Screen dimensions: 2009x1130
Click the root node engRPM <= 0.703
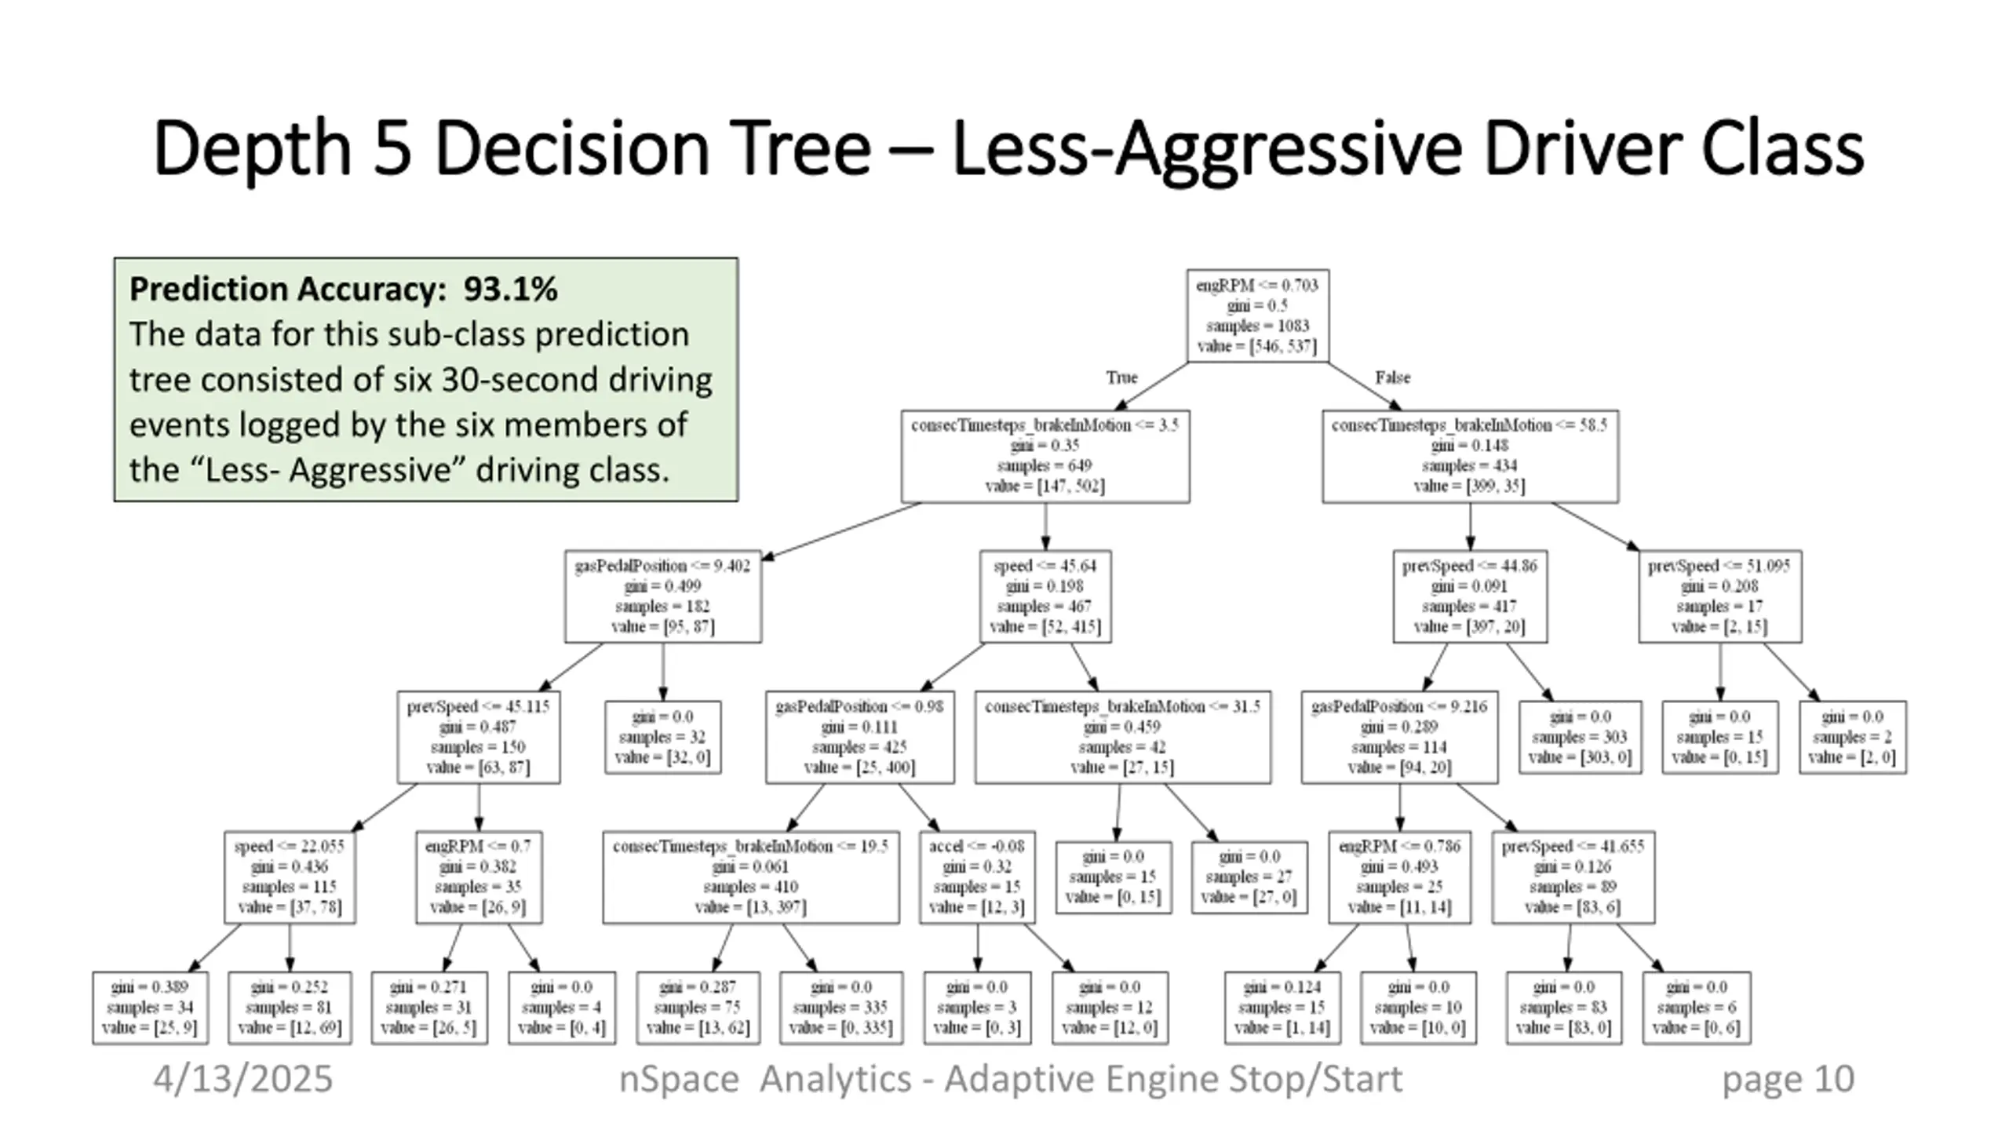(1257, 315)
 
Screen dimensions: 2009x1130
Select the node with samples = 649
(1045, 456)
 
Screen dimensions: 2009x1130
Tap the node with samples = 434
(1470, 456)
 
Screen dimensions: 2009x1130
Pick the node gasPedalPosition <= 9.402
(662, 596)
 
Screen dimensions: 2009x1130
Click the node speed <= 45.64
(1045, 596)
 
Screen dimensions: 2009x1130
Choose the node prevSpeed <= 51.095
(1719, 596)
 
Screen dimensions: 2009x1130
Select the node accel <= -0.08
(977, 877)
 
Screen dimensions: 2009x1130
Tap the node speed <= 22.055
(290, 877)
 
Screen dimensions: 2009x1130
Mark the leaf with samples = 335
(841, 1008)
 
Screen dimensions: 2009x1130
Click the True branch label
(1121, 378)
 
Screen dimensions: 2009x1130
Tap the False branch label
(1393, 378)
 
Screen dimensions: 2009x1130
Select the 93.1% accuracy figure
(510, 290)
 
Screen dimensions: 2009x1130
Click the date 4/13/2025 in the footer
(242, 1079)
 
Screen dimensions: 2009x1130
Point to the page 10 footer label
(1788, 1079)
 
